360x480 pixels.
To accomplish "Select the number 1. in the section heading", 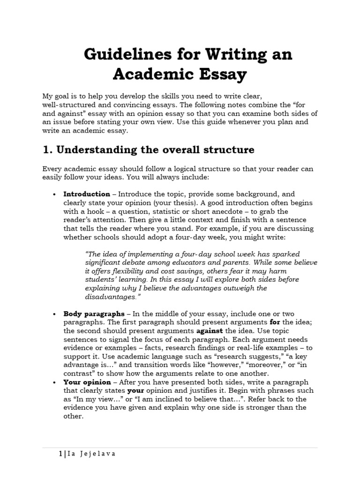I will coord(48,150).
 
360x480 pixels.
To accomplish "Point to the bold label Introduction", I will coord(87,194).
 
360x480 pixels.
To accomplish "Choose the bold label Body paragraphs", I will coord(94,314).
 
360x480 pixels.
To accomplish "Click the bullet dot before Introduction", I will coord(55,194).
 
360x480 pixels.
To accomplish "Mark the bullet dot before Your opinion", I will coord(55,382).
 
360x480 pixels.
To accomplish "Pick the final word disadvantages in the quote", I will coord(111,297).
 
